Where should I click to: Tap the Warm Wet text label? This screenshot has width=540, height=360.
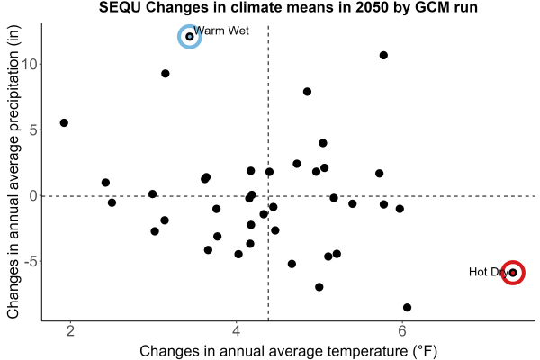pyautogui.click(x=221, y=31)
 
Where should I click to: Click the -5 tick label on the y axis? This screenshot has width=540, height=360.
pyautogui.click(x=31, y=262)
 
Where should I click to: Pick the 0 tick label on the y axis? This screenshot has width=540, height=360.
pyautogui.click(x=34, y=195)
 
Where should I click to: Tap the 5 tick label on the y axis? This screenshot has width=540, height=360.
pyautogui.click(x=34, y=130)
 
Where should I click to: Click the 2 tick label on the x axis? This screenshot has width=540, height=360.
pyautogui.click(x=70, y=330)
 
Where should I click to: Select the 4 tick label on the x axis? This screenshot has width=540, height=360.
pyautogui.click(x=236, y=330)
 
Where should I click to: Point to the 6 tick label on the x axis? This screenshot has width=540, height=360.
pyautogui.click(x=402, y=330)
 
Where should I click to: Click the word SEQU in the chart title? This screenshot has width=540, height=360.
pyautogui.click(x=120, y=7)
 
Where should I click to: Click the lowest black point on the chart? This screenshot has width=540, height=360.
pyautogui.click(x=407, y=307)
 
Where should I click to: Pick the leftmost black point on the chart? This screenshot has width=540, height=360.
pyautogui.click(x=64, y=123)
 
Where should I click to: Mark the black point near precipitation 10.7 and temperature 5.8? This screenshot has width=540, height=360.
pyautogui.click(x=383, y=56)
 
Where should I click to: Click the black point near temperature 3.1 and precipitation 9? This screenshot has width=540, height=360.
pyautogui.click(x=166, y=74)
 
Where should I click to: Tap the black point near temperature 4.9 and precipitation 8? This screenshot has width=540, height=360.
pyautogui.click(x=307, y=92)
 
